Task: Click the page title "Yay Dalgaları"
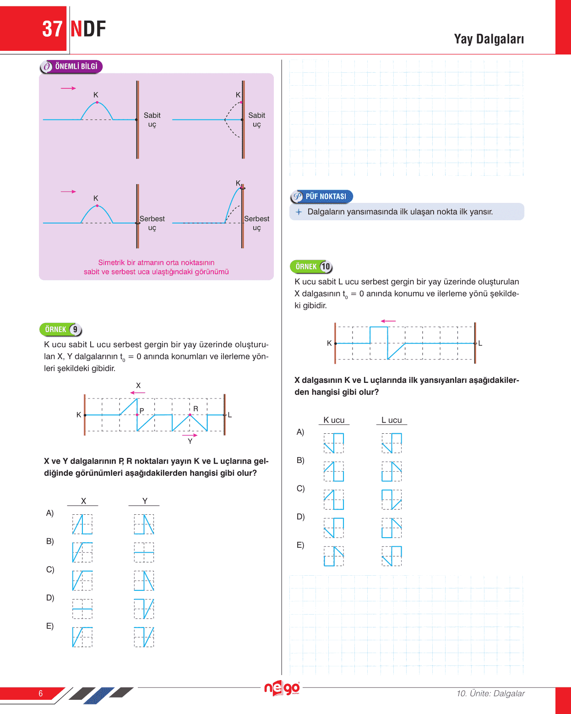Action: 489,39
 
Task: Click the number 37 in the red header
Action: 52,29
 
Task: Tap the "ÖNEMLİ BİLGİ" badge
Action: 71,66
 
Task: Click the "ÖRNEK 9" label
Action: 61,329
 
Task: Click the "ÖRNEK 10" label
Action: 311,267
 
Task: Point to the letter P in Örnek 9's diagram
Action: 142,410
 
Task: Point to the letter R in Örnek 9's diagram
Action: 196,409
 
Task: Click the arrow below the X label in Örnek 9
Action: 137,392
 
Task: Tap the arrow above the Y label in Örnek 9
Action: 190,435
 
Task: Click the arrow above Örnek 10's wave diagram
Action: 388,321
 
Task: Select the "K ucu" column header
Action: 334,420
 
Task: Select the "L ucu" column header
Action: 392,420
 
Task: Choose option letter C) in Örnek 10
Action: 300,489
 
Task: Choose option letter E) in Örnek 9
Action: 50,626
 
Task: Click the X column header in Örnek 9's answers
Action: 83,501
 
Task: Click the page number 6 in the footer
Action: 41,693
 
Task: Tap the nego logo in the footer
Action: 282,688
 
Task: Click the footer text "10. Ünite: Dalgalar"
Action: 490,693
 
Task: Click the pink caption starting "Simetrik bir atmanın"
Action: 156,267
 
